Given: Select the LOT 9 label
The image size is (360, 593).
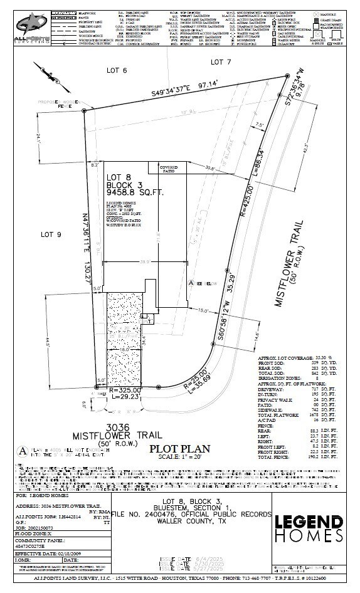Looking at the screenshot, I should click(51, 234).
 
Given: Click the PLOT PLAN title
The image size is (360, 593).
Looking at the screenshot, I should click(179, 449).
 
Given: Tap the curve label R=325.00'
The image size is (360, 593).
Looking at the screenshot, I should click(125, 390).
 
